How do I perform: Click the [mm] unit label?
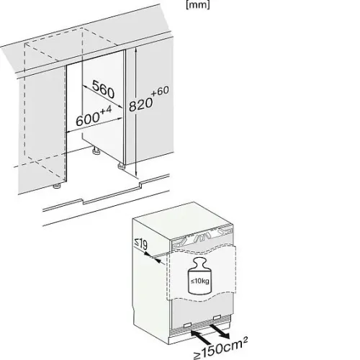[197, 4]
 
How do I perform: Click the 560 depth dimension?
[103, 89]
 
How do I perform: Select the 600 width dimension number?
[87, 120]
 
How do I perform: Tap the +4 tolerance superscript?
[105, 111]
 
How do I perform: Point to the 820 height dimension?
[140, 104]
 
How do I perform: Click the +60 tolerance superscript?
[160, 91]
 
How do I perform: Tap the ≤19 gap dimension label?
[140, 245]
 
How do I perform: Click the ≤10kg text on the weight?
[199, 281]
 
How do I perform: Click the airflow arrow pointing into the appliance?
[201, 337]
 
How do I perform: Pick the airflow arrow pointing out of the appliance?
[219, 331]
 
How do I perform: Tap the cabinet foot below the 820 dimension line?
[121, 166]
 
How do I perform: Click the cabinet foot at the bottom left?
[57, 186]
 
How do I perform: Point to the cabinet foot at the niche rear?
[96, 152]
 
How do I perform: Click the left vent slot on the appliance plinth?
[187, 325]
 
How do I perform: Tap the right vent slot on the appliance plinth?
[217, 318]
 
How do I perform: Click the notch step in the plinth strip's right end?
[140, 185]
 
